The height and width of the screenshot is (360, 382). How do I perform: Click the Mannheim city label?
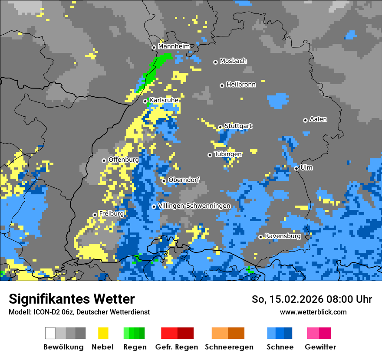pyautogui.click(x=174, y=46)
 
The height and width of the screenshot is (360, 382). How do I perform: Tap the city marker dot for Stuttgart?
pyautogui.click(x=221, y=127)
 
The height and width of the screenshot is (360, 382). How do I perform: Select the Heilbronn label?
pyautogui.click(x=241, y=85)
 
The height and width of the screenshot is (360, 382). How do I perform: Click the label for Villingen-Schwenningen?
pyautogui.click(x=194, y=206)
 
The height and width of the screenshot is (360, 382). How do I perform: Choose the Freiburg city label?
pyautogui.click(x=111, y=214)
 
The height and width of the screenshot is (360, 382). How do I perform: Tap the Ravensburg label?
pyautogui.click(x=283, y=236)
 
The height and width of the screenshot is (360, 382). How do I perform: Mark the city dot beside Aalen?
pyautogui.click(x=306, y=120)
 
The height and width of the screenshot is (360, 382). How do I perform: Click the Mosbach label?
pyautogui.click(x=233, y=61)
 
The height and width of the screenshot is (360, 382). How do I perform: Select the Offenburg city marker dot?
pyautogui.click(x=104, y=160)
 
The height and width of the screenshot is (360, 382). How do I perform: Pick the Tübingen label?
pyautogui.click(x=228, y=154)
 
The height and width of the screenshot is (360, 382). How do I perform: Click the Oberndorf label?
pyautogui.click(x=184, y=180)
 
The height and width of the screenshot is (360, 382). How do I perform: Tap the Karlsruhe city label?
pyautogui.click(x=164, y=100)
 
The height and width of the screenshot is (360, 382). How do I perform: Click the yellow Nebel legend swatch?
pyautogui.click(x=103, y=333)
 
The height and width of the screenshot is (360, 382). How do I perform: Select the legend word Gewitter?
pyautogui.click(x=320, y=347)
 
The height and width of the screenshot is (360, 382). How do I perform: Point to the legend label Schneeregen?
pyautogui.click(x=229, y=347)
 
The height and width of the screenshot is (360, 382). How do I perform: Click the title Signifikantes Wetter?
pyautogui.click(x=72, y=299)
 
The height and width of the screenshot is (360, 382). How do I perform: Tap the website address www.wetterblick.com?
pyautogui.click(x=313, y=312)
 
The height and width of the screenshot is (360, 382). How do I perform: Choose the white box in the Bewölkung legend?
pyautogui.click(x=50, y=333)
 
